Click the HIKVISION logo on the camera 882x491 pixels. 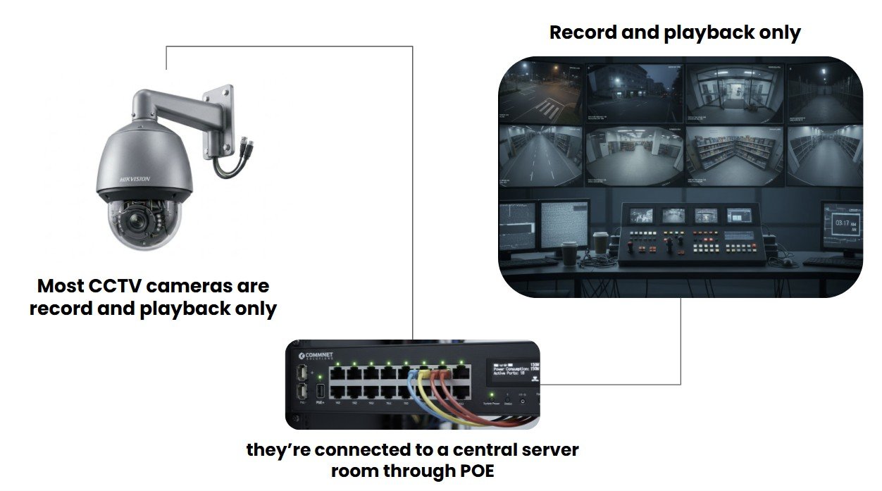pos(135,180)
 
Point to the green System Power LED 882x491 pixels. pos(487,395)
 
